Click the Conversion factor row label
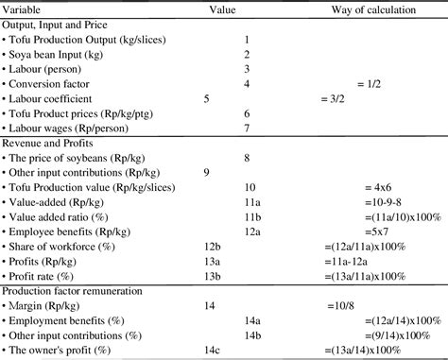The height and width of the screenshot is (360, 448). (57, 83)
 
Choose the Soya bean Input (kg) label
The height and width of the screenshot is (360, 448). (60, 54)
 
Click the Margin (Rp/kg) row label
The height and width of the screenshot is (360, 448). (52, 307)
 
